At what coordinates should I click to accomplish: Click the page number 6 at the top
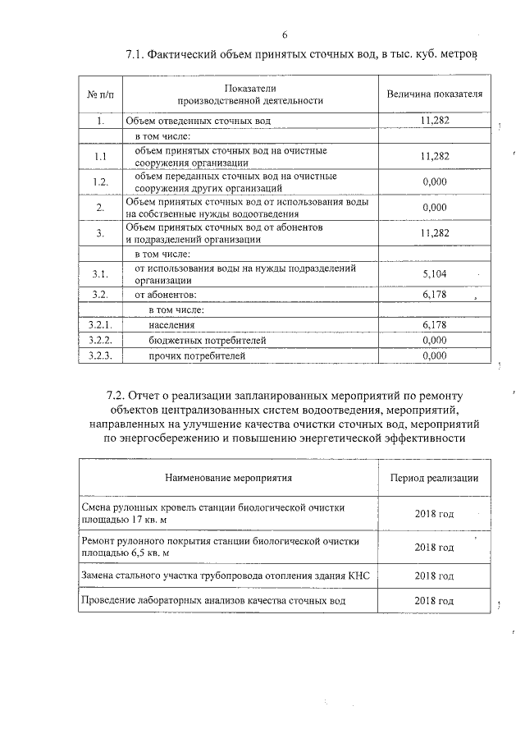pos(284,34)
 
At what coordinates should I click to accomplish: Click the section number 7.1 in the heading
pos(137,55)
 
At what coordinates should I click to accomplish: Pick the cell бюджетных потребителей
pos(208,340)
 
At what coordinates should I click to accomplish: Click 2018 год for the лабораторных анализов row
pos(434,600)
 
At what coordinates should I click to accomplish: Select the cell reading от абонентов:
pos(167,294)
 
